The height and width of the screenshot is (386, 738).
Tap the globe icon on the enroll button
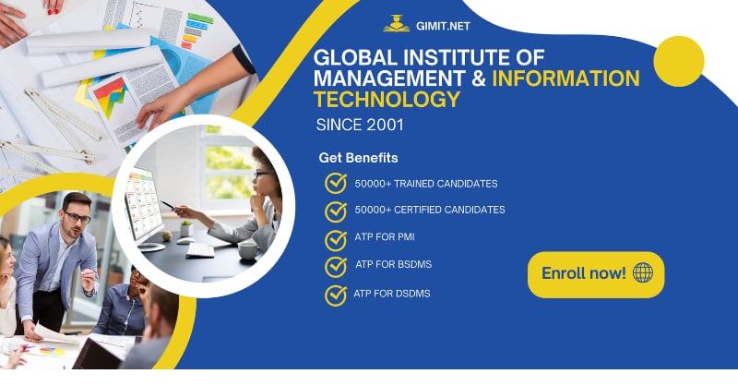pos(643,273)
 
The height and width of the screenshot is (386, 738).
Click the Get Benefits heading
pos(358,158)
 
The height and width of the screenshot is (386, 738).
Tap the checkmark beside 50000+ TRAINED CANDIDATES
pos(336,184)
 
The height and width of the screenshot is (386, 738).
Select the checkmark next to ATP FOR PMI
pos(336,239)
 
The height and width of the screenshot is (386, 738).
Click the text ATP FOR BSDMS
pos(393,266)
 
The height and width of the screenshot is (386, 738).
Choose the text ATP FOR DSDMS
pos(392,294)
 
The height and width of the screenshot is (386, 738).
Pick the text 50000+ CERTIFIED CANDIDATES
pos(430,211)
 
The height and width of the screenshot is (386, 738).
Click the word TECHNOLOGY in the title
pos(387,100)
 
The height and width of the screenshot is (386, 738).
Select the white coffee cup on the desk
pos(248,248)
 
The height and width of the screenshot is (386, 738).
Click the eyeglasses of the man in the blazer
pos(77,218)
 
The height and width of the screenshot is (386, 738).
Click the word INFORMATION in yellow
pos(565,78)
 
